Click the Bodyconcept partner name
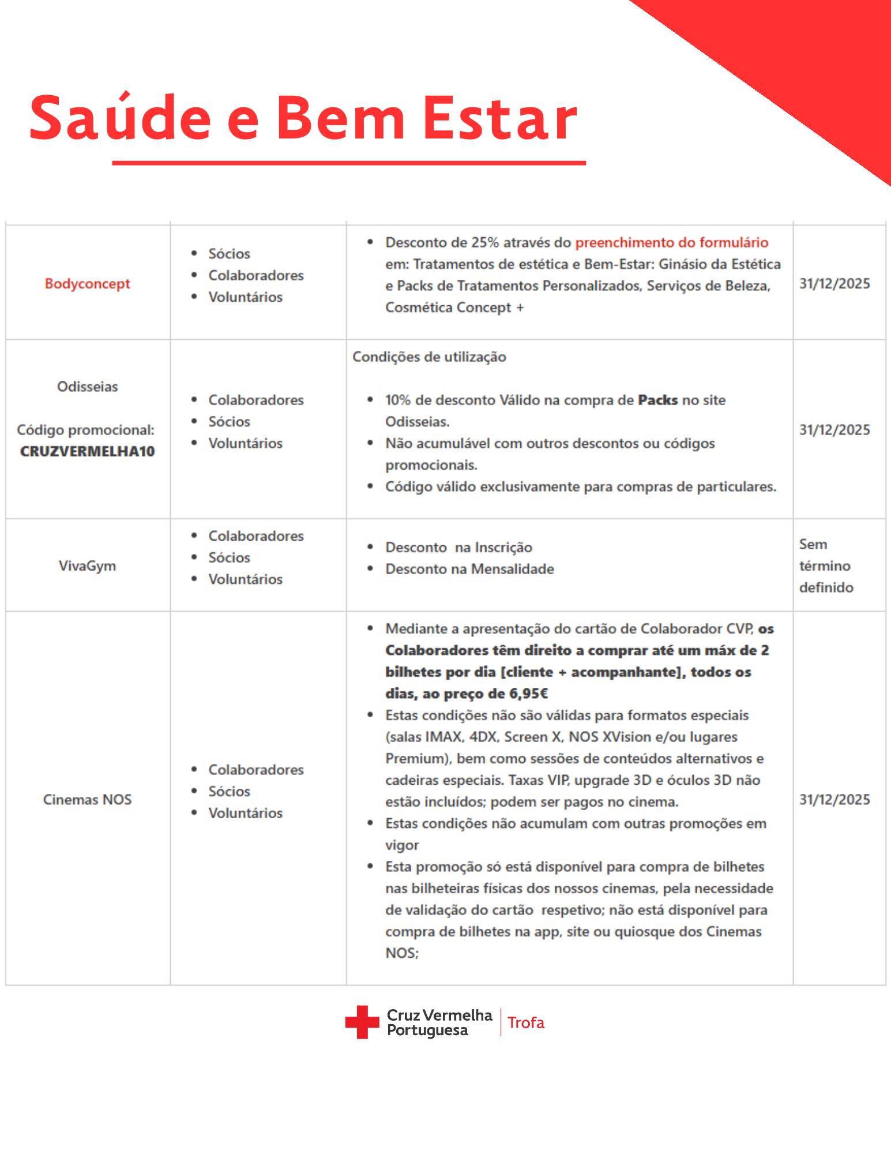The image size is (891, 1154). click(88, 283)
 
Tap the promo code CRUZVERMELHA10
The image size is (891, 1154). click(88, 451)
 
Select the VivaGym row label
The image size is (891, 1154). click(88, 565)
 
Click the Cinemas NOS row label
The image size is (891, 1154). click(88, 799)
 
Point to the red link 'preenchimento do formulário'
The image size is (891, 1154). click(672, 242)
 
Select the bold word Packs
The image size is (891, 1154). click(657, 400)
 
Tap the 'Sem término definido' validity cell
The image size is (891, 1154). click(826, 565)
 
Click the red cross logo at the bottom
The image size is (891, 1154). click(362, 1022)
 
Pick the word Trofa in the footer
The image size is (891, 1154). click(526, 1022)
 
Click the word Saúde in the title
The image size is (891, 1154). click(121, 118)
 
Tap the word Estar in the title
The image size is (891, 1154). click(501, 118)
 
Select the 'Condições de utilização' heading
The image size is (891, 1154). click(429, 357)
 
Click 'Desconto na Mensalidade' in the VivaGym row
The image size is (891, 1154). click(469, 569)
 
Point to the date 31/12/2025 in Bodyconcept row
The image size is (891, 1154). click(834, 283)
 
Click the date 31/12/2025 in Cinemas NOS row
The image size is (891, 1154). click(834, 799)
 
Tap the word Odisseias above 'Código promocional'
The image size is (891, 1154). click(88, 387)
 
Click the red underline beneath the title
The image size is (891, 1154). click(349, 163)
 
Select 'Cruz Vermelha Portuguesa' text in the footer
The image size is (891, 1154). click(439, 1022)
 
